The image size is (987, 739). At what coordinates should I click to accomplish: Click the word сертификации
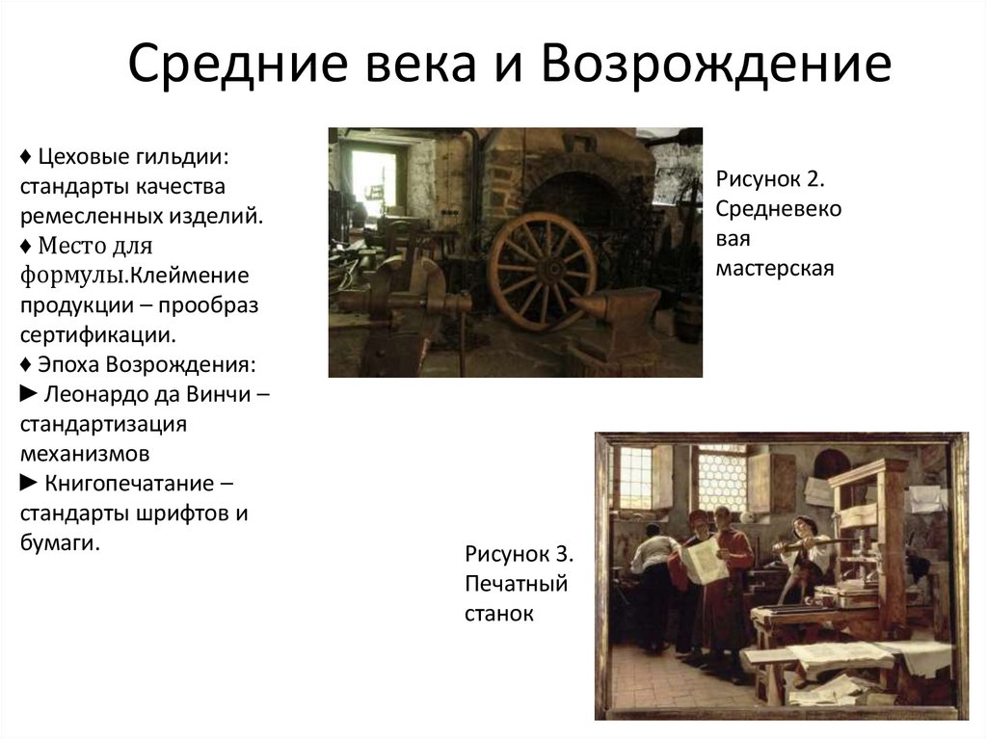coord(97,335)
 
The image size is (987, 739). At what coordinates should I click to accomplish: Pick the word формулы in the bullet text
coord(73,276)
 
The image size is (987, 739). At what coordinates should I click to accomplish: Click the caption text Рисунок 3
coord(520,555)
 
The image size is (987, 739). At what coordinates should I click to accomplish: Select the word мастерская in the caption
coord(774,267)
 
